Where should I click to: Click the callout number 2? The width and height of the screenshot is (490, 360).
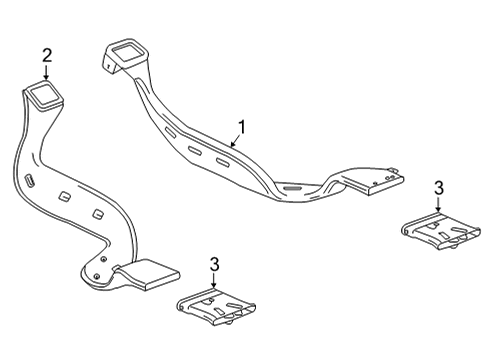46,54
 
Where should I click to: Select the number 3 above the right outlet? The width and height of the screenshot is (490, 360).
438,187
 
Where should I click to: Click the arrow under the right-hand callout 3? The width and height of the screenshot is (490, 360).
438,205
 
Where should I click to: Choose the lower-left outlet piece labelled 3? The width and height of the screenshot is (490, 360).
211,308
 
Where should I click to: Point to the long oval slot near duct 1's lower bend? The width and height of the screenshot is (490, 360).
291,186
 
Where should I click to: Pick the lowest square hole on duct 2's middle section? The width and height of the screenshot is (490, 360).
97,214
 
